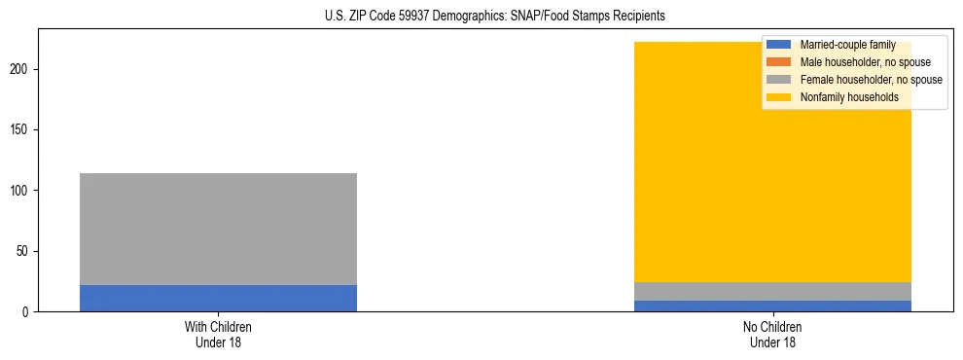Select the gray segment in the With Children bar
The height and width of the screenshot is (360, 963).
[218, 229]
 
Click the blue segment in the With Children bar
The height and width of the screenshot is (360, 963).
[218, 298]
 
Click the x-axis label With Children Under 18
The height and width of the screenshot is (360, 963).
[218, 335]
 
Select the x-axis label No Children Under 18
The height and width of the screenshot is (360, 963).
[772, 335]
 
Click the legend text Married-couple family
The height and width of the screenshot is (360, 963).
[847, 45]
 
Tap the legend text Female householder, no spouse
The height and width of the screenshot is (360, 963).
[871, 80]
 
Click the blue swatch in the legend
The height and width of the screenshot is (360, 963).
[779, 45]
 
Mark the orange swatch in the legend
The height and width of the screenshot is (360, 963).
[779, 62]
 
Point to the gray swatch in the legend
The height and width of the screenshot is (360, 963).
[779, 80]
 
